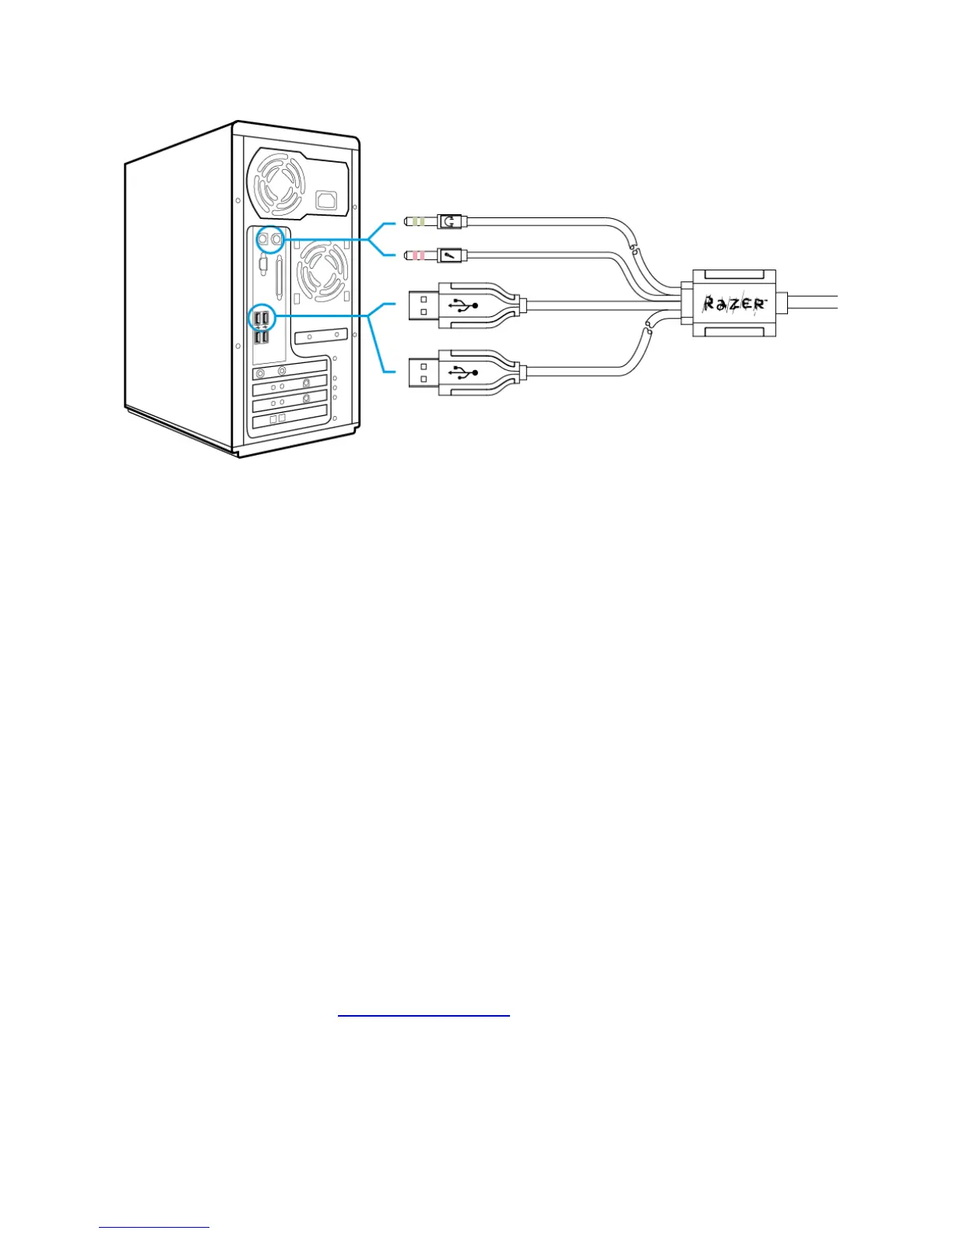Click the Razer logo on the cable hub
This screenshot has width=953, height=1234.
[x=734, y=303]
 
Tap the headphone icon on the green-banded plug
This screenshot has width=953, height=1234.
[x=448, y=222]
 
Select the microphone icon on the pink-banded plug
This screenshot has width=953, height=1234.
[x=448, y=255]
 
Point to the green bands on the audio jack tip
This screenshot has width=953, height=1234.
[x=419, y=222]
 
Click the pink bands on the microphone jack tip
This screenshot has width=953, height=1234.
[x=419, y=255]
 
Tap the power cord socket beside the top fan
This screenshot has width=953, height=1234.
[x=328, y=201]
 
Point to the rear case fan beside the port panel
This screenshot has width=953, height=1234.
[x=322, y=272]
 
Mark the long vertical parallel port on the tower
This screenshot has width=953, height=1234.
[x=278, y=277]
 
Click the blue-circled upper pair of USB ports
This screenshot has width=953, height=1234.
[x=261, y=318]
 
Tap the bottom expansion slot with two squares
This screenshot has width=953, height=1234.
[x=289, y=419]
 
